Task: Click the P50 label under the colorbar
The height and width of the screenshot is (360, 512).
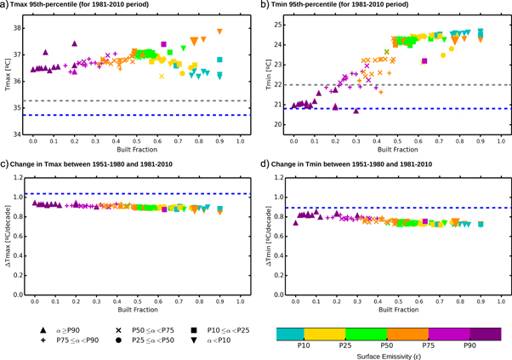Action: tap(386, 346)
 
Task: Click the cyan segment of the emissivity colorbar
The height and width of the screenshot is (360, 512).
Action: tap(291, 333)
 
